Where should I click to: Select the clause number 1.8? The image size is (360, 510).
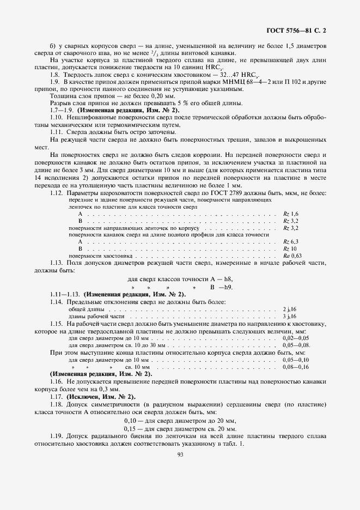click(x=54, y=74)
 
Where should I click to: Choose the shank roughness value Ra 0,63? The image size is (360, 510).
click(x=292, y=255)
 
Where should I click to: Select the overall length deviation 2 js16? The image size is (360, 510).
click(x=289, y=309)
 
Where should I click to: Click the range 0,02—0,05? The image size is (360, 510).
click(x=296, y=338)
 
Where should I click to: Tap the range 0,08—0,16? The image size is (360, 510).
click(x=296, y=368)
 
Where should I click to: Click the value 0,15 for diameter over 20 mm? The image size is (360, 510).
click(x=131, y=429)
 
